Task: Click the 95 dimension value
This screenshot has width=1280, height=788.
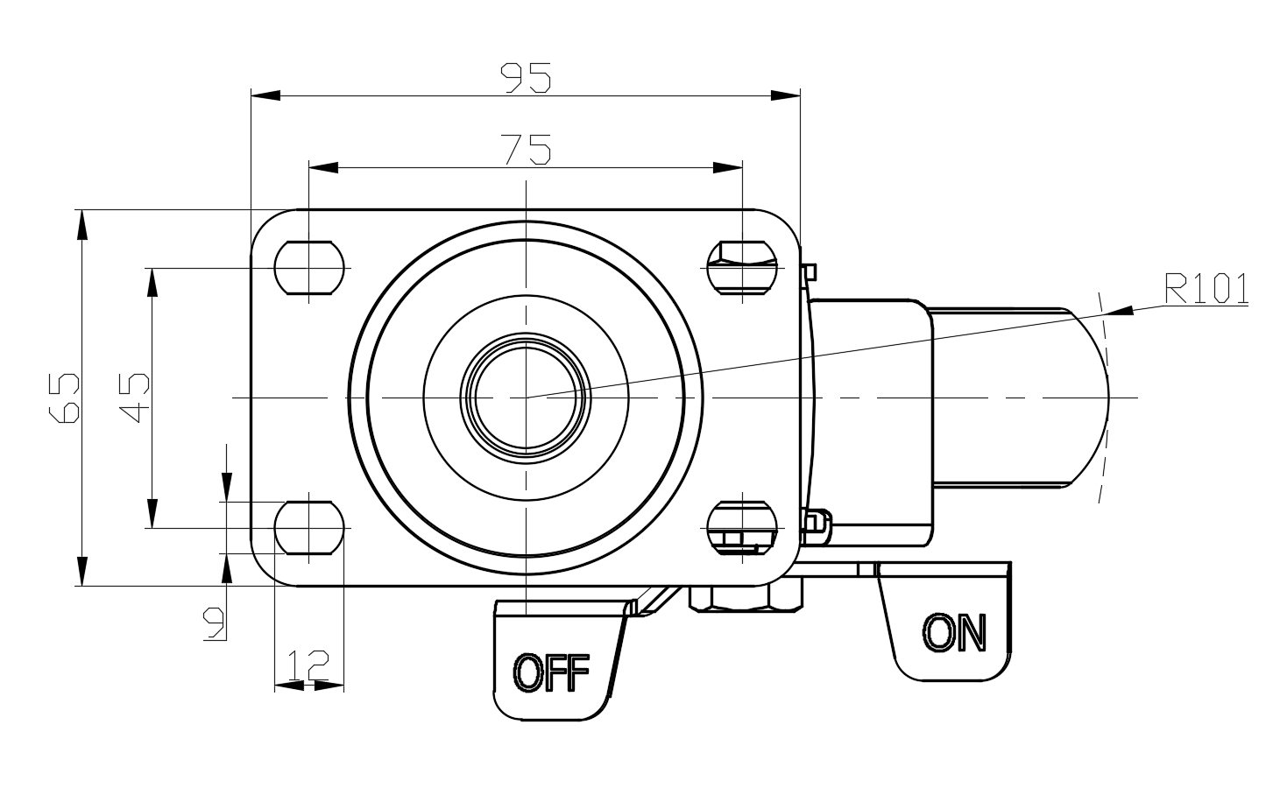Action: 526,79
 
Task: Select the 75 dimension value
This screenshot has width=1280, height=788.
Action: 526,150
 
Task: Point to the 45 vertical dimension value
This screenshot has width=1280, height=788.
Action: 136,397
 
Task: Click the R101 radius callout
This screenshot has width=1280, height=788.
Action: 1206,289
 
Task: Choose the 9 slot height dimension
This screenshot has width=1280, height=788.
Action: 214,623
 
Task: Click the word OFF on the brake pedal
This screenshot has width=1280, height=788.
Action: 551,673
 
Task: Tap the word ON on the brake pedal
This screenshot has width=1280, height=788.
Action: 954,632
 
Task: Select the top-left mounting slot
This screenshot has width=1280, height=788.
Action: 309,266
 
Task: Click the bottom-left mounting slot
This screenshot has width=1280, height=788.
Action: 309,528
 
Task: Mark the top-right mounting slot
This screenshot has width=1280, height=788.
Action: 742,266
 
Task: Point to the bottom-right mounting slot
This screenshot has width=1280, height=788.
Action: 742,528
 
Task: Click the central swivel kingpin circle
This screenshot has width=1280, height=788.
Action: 525,397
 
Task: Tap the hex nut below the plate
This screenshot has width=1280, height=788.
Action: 746,597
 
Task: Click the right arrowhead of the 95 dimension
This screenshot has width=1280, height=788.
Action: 787,95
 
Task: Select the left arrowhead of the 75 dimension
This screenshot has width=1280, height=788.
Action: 323,166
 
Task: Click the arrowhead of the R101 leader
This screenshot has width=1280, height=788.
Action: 1117,310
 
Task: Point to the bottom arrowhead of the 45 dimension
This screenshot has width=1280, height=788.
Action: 152,514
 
